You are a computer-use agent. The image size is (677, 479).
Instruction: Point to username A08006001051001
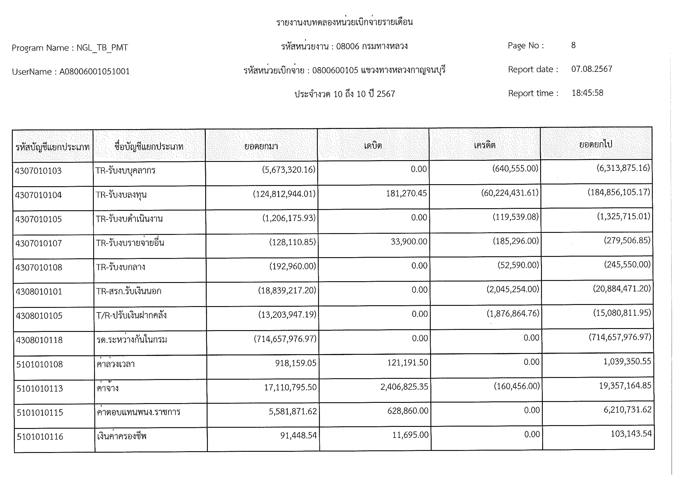click(94, 72)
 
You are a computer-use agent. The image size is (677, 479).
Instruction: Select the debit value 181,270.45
click(406, 193)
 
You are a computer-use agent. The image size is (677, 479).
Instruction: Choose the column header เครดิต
click(484, 145)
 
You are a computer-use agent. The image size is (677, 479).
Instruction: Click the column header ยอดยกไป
click(596, 145)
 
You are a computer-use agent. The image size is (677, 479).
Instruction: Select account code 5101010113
click(40, 388)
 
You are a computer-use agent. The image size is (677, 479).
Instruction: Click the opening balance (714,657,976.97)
click(285, 339)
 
